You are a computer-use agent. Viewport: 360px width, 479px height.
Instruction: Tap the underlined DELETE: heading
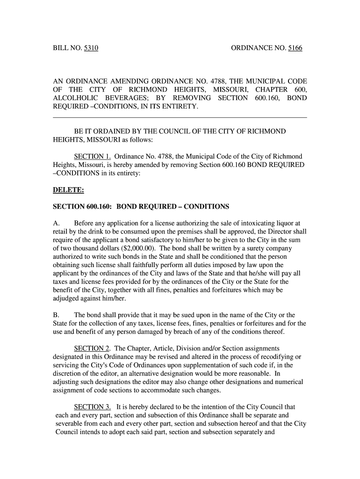click(x=65, y=190)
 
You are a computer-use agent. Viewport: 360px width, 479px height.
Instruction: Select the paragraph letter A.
click(x=55, y=223)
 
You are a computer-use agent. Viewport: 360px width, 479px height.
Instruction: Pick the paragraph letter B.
click(x=55, y=315)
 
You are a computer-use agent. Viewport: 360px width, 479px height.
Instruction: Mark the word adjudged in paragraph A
click(x=66, y=299)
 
